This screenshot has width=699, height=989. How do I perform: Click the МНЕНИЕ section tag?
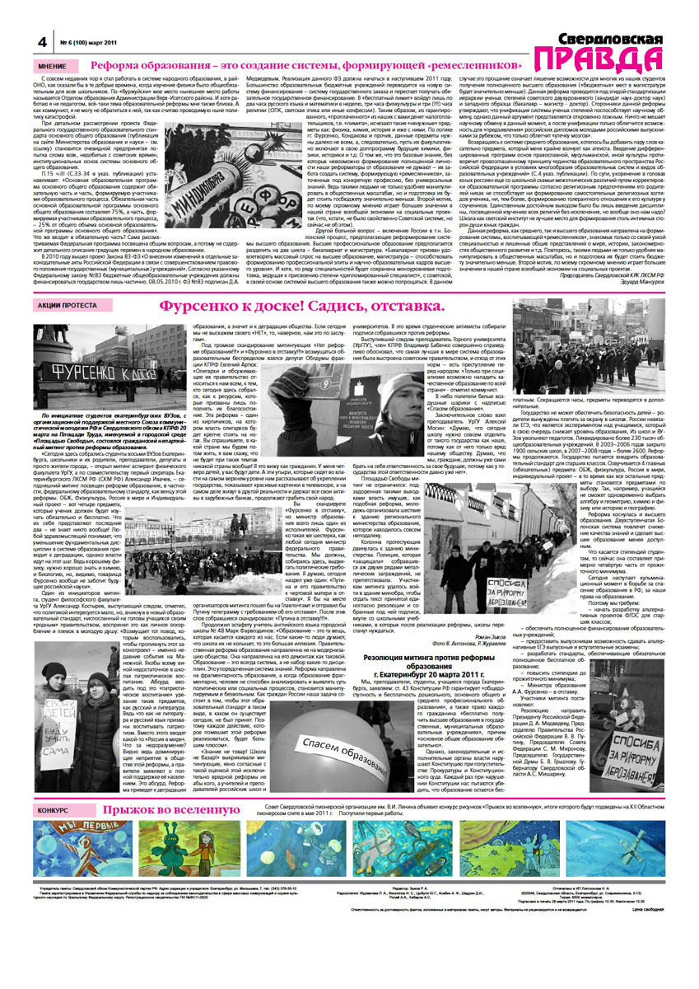[53, 66]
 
